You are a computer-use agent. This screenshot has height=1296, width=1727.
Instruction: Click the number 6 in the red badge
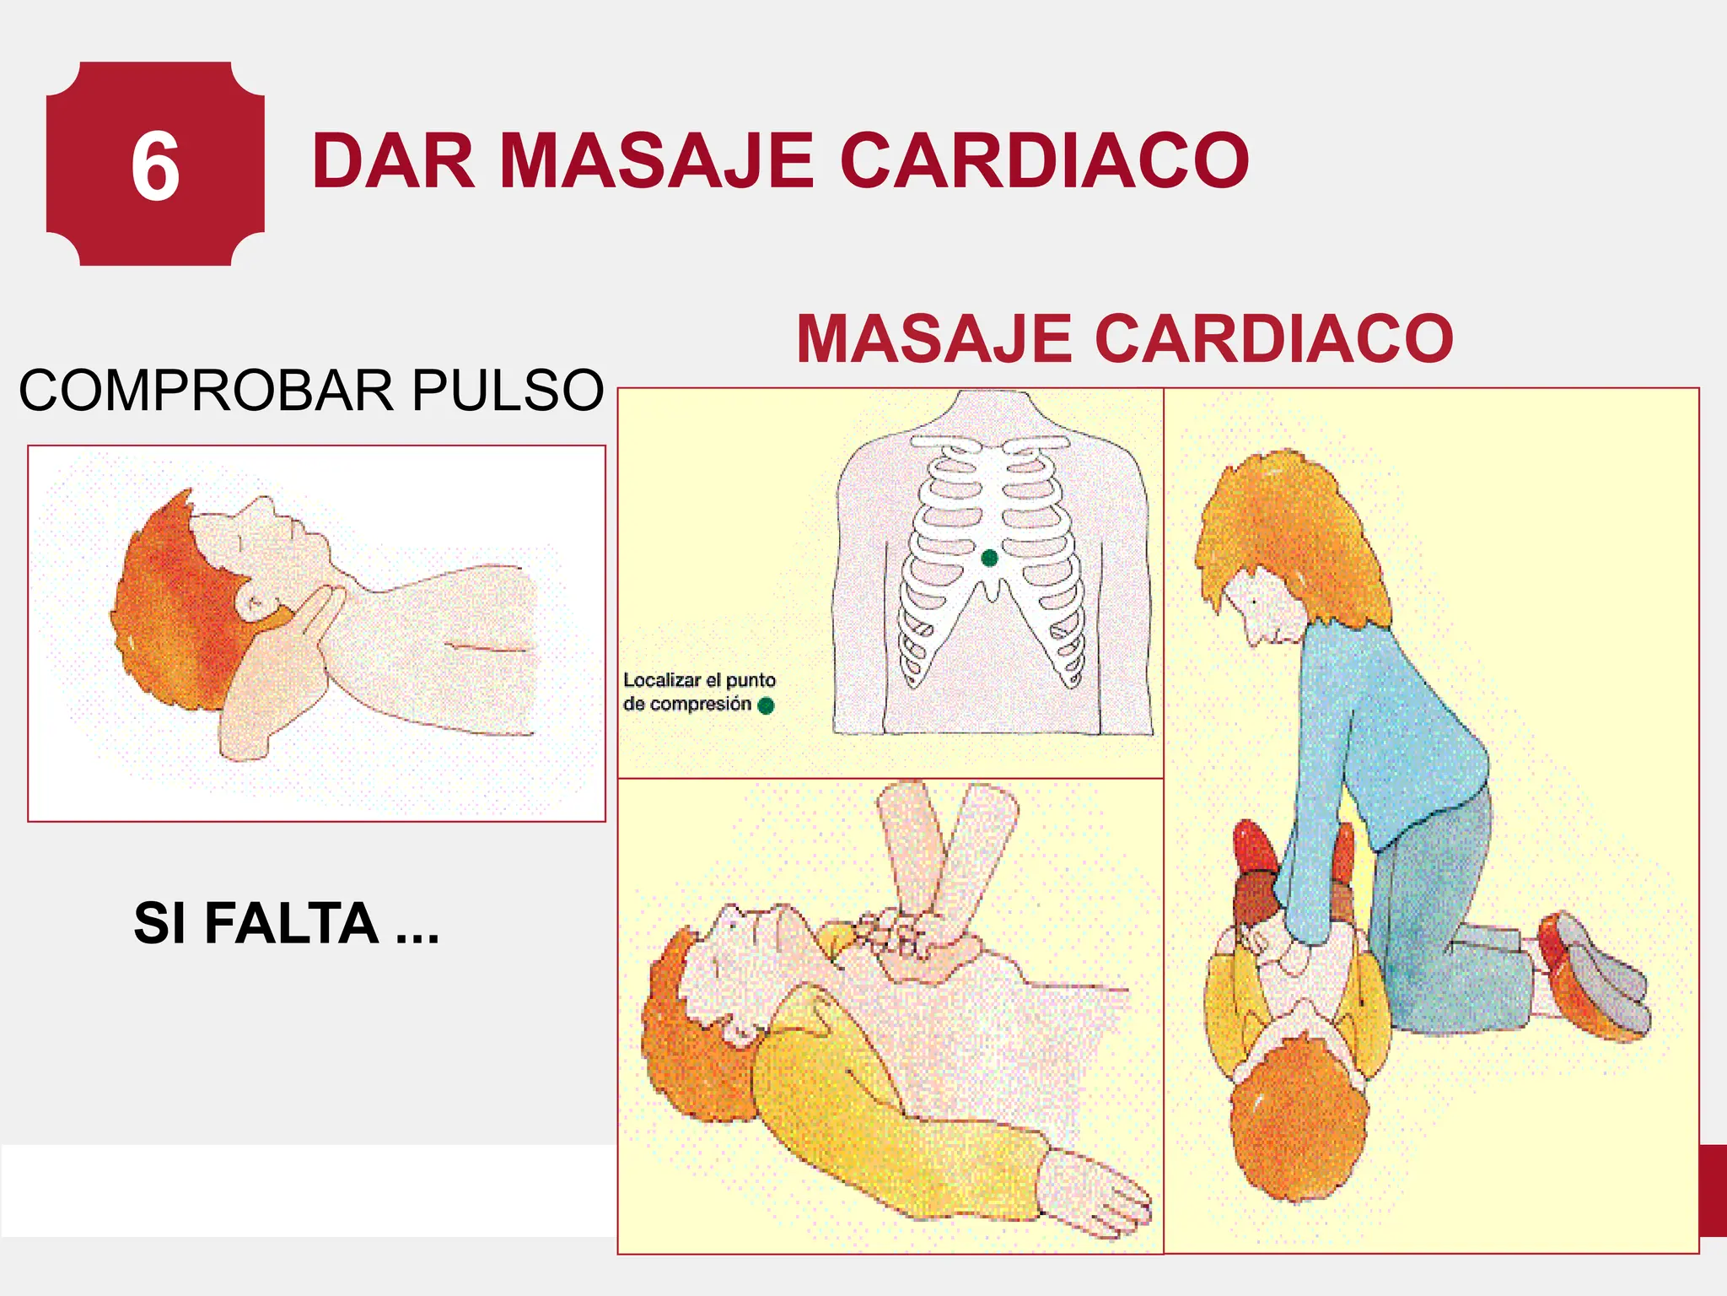pyautogui.click(x=155, y=167)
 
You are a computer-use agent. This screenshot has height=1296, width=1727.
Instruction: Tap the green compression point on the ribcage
pyautogui.click(x=990, y=558)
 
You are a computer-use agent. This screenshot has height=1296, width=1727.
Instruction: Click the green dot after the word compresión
pyautogui.click(x=766, y=705)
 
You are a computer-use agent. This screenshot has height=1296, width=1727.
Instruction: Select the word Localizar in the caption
pyautogui.click(x=661, y=680)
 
